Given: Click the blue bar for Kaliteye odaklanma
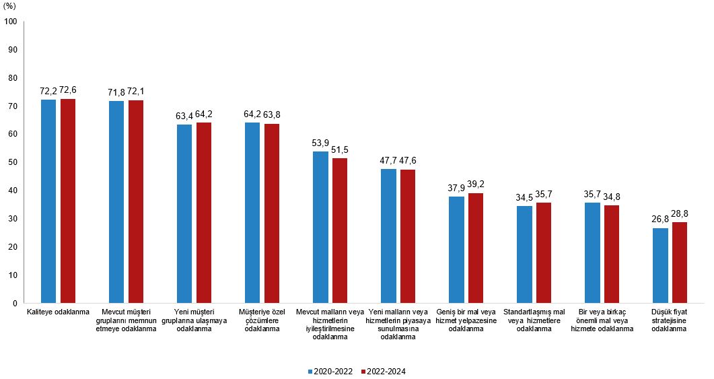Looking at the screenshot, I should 48,201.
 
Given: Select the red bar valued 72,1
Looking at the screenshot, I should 136,202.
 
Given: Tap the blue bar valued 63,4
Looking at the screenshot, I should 184,214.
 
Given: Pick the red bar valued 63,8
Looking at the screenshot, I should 272,213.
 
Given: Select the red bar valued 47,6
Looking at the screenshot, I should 408,236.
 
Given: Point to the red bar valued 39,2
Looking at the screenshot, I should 476,248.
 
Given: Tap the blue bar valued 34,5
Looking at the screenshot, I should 524,254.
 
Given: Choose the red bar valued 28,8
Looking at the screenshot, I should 679,263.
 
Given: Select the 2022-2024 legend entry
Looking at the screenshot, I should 384,371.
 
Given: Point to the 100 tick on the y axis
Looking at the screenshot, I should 11,22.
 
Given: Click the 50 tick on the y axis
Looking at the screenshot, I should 13,162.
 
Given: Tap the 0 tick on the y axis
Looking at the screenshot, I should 15,304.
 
